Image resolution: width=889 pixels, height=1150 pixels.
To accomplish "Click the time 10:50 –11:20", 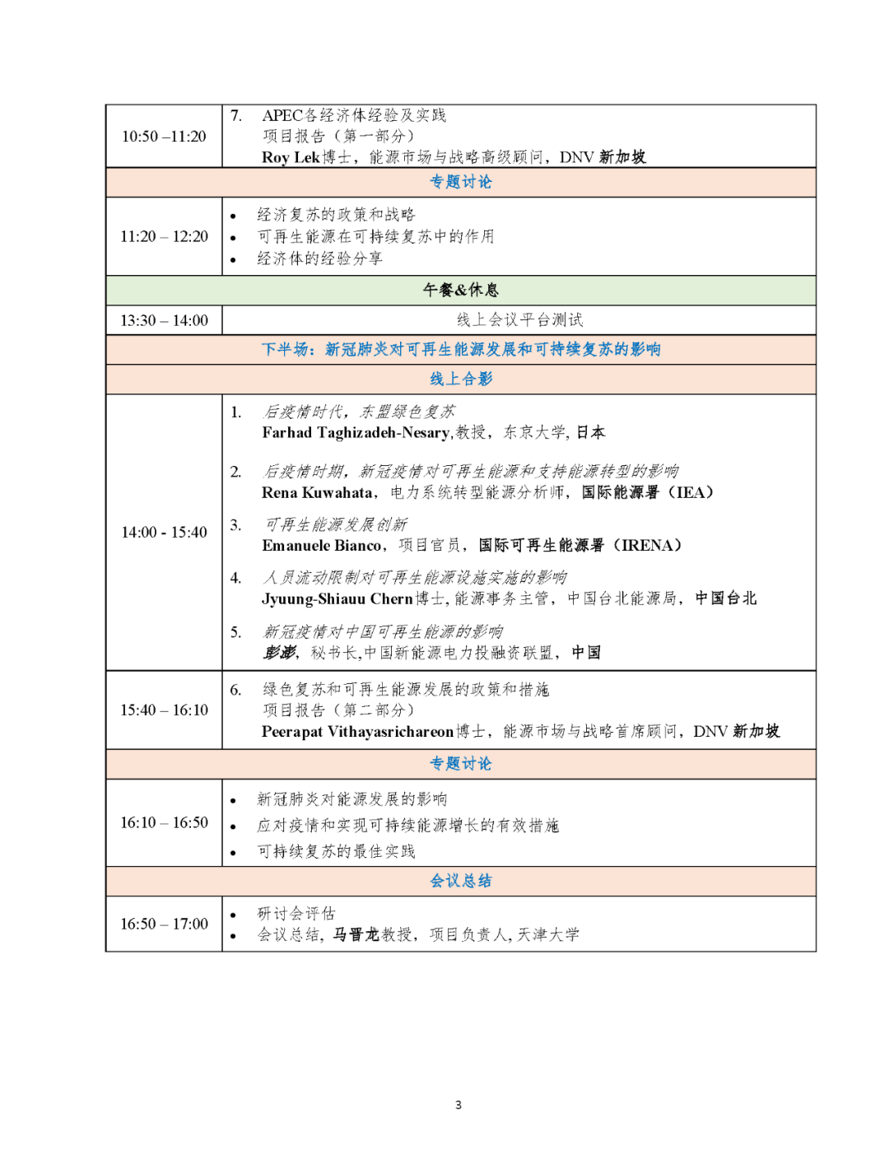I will (x=164, y=137).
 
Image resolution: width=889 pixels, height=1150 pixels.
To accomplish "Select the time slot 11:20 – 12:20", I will (x=164, y=237).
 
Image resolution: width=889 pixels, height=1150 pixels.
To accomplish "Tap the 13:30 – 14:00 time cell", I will (x=164, y=320).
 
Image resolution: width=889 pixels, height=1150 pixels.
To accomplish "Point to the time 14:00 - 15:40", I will (x=164, y=533).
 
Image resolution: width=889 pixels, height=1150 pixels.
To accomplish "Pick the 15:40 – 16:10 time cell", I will (x=164, y=710).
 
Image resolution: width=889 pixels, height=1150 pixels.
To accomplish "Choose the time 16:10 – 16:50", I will (x=164, y=822).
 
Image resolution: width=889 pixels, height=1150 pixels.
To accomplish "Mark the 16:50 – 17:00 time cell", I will (x=164, y=924).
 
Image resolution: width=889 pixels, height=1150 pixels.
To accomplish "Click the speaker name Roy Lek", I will (x=291, y=157).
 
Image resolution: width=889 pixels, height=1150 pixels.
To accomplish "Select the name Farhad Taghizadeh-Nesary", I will (x=356, y=433).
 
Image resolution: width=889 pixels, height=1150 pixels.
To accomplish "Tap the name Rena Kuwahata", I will (x=317, y=493).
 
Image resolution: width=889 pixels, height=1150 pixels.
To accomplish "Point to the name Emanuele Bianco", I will (x=322, y=546).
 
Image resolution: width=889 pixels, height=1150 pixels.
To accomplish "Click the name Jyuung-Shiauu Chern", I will (x=337, y=599).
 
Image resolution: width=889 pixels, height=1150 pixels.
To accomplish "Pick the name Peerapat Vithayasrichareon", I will (x=357, y=732).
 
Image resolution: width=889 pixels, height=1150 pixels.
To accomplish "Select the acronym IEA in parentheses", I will (x=690, y=493).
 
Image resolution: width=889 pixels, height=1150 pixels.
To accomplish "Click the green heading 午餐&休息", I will (x=460, y=290).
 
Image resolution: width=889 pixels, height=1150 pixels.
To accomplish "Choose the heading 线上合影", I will (x=460, y=379).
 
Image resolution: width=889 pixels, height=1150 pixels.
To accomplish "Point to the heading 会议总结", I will (x=460, y=881).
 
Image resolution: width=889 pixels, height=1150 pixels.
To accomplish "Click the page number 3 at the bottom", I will (x=458, y=1105).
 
